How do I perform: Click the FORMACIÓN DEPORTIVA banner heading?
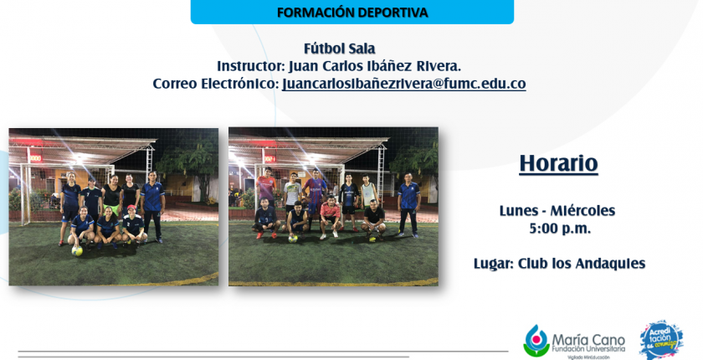tap(352, 13)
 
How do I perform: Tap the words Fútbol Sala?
tap(340, 49)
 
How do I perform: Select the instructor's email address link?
tap(404, 84)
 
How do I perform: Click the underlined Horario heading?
tap(559, 163)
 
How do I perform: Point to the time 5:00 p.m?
tap(560, 229)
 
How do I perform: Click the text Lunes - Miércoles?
tap(557, 211)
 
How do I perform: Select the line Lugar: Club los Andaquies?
tap(560, 264)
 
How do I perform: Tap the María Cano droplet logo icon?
tap(536, 341)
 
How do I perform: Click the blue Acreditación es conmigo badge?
tap(661, 340)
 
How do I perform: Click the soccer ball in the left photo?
tap(77, 251)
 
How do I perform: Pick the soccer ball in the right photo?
tap(293, 239)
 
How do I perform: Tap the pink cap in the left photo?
tap(131, 208)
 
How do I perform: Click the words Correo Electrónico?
tap(216, 84)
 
